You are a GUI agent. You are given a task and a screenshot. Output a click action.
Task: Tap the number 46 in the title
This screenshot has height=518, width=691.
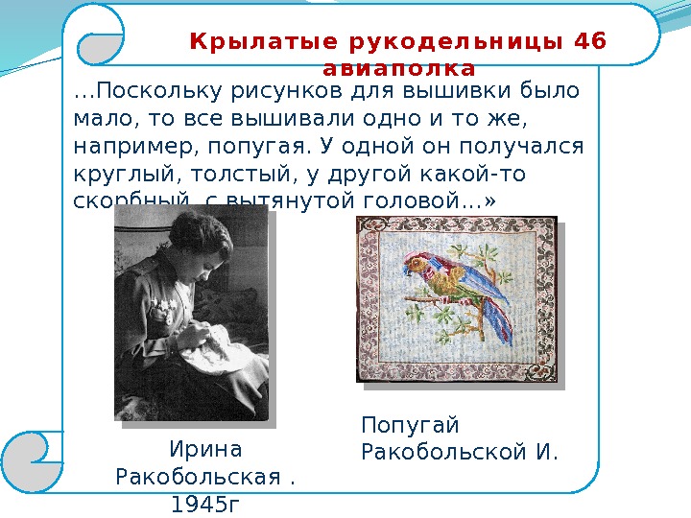[x=587, y=42]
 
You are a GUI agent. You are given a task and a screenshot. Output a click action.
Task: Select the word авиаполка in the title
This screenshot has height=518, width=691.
[x=399, y=69]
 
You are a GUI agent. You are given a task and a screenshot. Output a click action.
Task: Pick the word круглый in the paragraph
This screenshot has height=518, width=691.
[x=115, y=175]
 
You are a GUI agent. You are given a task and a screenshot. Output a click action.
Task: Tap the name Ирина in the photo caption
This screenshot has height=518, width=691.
[x=205, y=450]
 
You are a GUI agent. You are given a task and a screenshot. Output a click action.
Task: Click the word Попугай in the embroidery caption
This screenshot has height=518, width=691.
[x=411, y=425]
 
